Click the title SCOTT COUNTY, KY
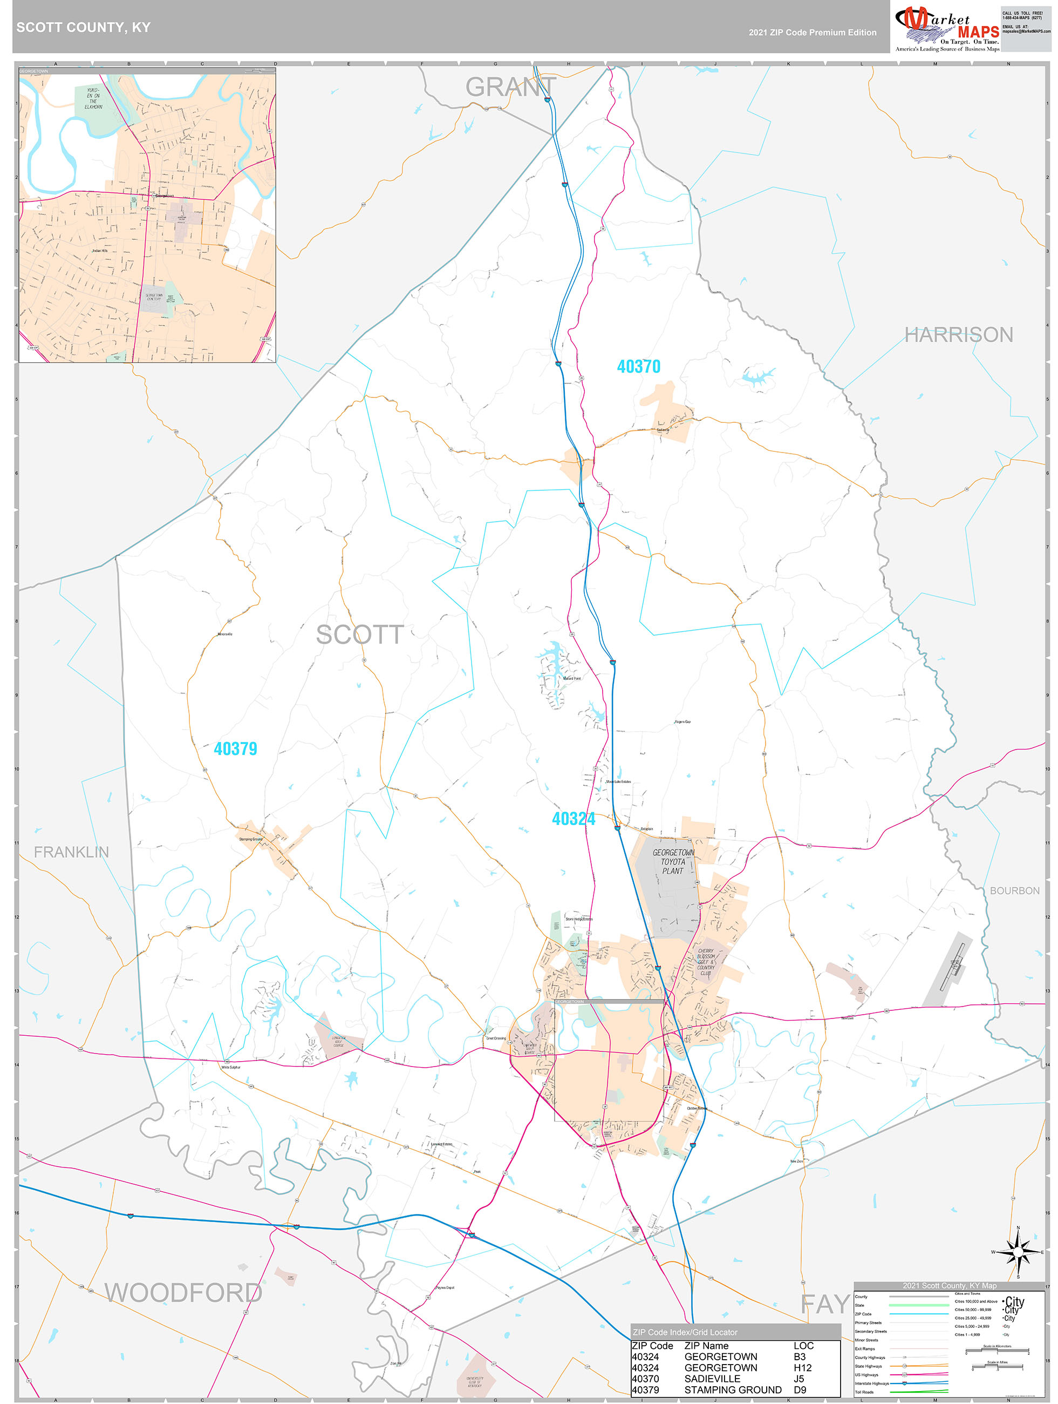click(83, 28)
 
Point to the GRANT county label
click(510, 87)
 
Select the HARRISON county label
click(958, 334)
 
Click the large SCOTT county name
click(360, 634)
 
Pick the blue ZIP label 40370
click(638, 366)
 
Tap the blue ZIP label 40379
click(235, 748)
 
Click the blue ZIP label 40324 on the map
click(573, 818)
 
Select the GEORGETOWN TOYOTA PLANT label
click(673, 861)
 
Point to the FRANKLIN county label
click(71, 852)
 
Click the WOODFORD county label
click(183, 1292)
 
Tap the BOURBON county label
click(1014, 890)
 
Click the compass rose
click(1018, 1252)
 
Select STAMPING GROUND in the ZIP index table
click(732, 1389)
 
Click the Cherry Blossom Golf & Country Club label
click(705, 962)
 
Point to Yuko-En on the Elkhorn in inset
click(93, 98)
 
